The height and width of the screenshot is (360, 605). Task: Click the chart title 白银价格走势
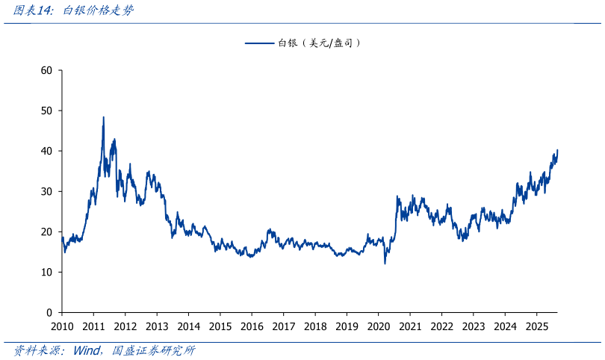point(98,10)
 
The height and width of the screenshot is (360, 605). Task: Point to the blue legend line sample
point(260,43)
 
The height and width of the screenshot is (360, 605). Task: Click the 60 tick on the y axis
point(46,71)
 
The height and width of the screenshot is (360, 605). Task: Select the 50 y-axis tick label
point(46,111)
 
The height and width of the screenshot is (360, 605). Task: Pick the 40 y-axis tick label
point(46,152)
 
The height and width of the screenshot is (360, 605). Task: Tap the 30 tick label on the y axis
point(46,192)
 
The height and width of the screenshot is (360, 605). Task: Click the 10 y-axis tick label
point(46,273)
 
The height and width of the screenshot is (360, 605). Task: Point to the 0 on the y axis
point(49,313)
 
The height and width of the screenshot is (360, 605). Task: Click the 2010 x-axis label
point(62,326)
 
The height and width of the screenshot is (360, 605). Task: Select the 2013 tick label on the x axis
point(157,326)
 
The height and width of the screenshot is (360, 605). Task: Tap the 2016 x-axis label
point(252,326)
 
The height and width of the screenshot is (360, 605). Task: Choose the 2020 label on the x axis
point(378,326)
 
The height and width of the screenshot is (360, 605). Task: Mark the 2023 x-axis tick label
point(473,326)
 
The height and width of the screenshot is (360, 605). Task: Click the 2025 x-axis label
point(536,326)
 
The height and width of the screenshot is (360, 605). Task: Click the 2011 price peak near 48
point(103,117)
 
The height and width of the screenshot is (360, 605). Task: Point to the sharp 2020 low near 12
point(385,263)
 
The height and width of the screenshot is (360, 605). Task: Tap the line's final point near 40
point(557,151)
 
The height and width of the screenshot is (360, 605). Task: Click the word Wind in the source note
point(87,350)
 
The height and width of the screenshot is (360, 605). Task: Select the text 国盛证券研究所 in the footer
point(153,350)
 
